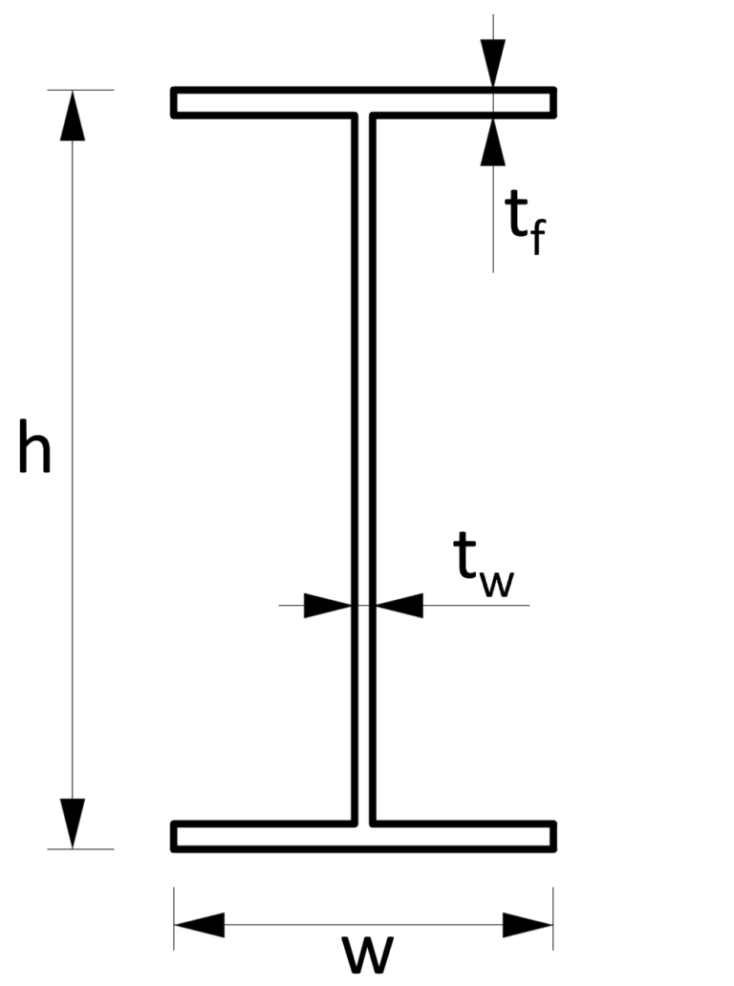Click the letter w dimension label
[368, 954]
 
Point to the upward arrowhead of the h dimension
[73, 115]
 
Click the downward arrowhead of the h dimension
[73, 824]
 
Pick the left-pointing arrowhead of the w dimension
[199, 924]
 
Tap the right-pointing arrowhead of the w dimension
[528, 924]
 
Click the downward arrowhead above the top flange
[493, 65]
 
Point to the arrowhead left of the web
[328, 605]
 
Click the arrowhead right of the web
[399, 605]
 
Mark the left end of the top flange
[176, 102]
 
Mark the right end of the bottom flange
[552, 836]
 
